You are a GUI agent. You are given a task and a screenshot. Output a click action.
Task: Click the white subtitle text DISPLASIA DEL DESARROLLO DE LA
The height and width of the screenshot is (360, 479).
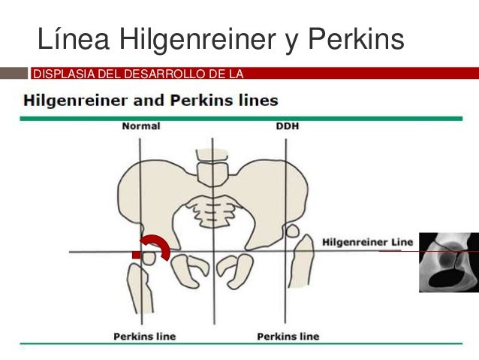click(139, 73)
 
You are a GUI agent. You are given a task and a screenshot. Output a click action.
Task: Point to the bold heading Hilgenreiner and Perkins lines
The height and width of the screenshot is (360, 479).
click(151, 100)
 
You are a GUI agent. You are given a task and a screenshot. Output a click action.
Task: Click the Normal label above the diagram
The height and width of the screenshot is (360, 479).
click(140, 126)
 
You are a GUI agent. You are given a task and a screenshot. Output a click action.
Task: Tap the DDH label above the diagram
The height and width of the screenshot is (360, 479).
click(288, 126)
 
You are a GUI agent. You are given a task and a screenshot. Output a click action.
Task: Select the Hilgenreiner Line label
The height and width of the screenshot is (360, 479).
click(368, 242)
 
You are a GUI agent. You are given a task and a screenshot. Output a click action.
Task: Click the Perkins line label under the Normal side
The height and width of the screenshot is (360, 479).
click(144, 335)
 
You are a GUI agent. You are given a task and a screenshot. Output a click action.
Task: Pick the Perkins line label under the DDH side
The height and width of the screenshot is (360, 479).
click(288, 335)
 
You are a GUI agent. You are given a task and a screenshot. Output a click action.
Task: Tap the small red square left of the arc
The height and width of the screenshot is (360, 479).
click(137, 256)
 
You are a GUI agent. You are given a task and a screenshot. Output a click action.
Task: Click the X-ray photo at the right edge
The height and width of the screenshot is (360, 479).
click(448, 262)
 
